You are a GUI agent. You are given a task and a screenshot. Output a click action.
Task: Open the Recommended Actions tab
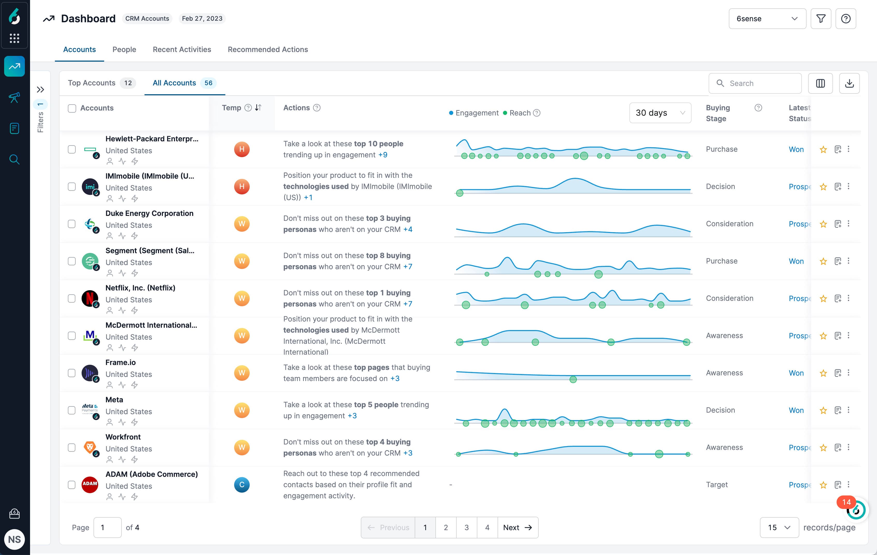point(268,49)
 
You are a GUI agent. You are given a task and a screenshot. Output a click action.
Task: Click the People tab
point(124,49)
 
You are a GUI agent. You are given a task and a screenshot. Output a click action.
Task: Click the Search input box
point(759,83)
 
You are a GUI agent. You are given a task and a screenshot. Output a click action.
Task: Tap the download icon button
point(849,83)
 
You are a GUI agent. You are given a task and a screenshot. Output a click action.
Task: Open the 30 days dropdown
point(660,113)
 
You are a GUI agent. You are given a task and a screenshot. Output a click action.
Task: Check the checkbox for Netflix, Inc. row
point(72,298)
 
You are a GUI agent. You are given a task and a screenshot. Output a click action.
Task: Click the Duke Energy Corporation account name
point(149,213)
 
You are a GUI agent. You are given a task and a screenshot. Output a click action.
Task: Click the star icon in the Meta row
point(823,411)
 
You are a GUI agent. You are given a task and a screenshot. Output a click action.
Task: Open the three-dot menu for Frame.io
point(849,373)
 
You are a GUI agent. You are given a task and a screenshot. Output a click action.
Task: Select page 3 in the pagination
point(466,527)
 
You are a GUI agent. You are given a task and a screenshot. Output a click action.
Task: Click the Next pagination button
point(517,527)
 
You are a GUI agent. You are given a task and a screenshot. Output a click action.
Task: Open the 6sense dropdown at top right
point(767,19)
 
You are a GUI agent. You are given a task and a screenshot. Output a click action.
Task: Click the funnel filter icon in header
point(821,19)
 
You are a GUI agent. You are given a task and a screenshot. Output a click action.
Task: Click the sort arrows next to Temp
point(258,108)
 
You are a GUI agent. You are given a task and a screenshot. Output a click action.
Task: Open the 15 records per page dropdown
point(779,527)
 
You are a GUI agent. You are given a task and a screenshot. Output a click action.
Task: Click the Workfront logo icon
point(90,447)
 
